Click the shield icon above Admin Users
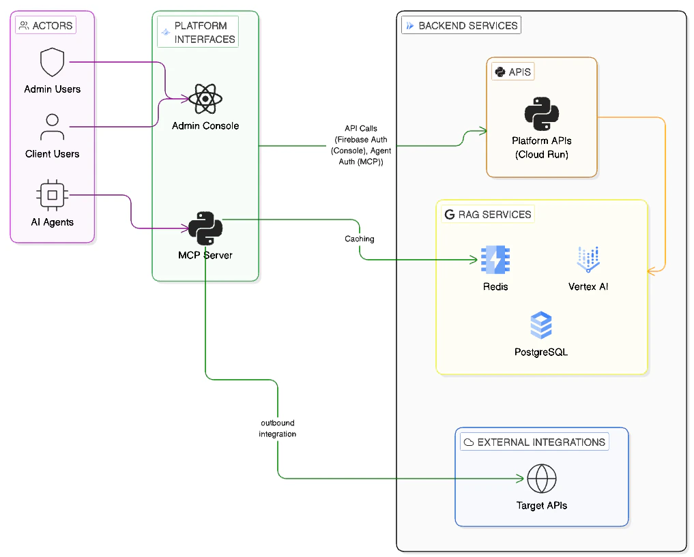[x=53, y=63]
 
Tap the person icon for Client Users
[x=53, y=127]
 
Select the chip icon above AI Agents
[x=53, y=196]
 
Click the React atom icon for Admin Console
[x=205, y=100]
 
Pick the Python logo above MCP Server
[x=205, y=229]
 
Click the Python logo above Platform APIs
[x=542, y=114]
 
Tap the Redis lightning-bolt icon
[x=495, y=260]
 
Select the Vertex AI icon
[x=588, y=260]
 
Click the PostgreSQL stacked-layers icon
[x=541, y=326]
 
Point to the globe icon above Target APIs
[x=542, y=479]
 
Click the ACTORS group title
[x=46, y=26]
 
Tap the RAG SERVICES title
[x=487, y=214]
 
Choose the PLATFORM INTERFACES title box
[x=198, y=32]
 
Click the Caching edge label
[x=359, y=239]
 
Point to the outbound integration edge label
[x=277, y=428]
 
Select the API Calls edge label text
[x=360, y=145]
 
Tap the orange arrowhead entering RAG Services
[x=651, y=271]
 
